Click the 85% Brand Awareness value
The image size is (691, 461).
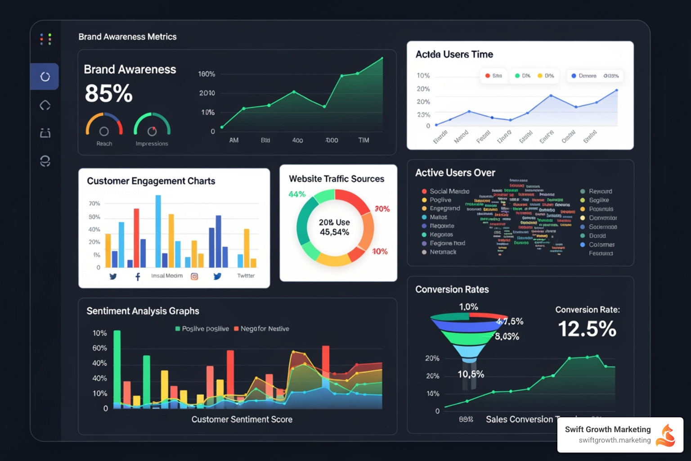click(x=108, y=93)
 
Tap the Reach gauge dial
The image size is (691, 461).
click(x=104, y=126)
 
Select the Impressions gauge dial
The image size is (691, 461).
click(x=152, y=126)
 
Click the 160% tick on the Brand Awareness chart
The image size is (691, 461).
click(x=206, y=74)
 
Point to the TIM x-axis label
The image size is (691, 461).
click(x=363, y=140)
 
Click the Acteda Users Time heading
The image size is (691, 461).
click(x=454, y=54)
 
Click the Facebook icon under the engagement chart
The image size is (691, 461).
click(x=138, y=276)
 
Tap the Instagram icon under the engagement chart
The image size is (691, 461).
click(x=194, y=276)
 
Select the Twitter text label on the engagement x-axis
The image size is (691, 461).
click(x=246, y=276)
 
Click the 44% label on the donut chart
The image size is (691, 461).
click(x=297, y=194)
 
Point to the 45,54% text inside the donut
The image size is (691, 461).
click(x=334, y=232)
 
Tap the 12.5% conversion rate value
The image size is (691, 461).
click(x=587, y=329)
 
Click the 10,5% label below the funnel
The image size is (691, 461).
click(x=471, y=374)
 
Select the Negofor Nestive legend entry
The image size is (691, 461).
click(x=261, y=329)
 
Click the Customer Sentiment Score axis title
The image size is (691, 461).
click(x=242, y=420)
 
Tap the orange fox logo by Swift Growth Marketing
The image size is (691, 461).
click(x=666, y=435)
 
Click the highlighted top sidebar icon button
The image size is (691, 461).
click(x=45, y=77)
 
